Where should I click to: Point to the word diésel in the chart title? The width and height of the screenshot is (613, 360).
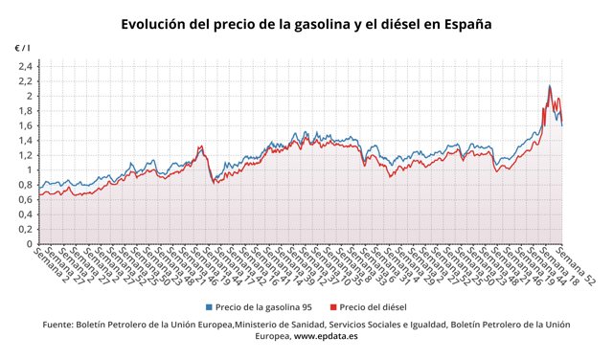click(x=397, y=24)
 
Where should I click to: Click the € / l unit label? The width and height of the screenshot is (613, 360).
click(x=22, y=47)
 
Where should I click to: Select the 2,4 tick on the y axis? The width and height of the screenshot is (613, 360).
click(x=26, y=66)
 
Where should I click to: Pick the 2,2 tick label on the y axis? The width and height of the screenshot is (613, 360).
click(x=26, y=81)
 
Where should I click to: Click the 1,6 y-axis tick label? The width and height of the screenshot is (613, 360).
click(x=26, y=125)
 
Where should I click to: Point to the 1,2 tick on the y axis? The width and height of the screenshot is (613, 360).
click(x=26, y=155)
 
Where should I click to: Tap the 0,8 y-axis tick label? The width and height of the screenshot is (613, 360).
click(x=26, y=185)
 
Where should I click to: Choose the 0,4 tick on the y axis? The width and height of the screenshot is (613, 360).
click(x=26, y=214)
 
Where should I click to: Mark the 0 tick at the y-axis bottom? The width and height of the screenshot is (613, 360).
click(x=31, y=244)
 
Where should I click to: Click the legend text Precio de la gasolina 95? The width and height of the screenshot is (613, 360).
click(x=264, y=307)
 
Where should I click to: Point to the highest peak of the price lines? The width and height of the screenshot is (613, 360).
click(x=549, y=86)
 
